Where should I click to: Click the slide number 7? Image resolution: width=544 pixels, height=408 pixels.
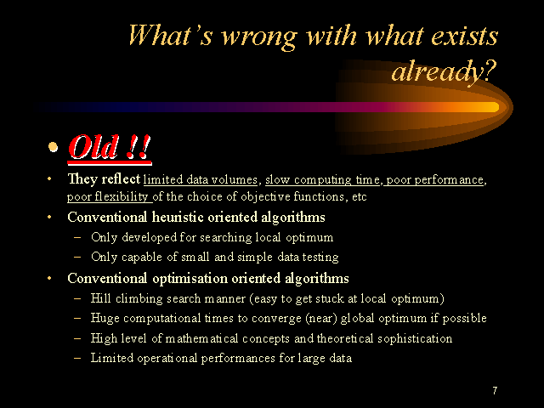(x=495, y=390)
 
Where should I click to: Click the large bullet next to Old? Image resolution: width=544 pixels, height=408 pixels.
(x=53, y=147)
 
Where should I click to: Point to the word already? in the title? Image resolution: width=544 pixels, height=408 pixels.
(x=444, y=71)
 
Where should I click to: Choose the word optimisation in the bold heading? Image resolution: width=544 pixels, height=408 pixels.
(x=190, y=279)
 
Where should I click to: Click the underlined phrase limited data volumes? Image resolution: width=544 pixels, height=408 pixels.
(x=201, y=179)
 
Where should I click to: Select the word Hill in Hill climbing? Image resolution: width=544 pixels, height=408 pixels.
(x=100, y=298)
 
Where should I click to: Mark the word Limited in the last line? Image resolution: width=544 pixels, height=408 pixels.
(x=112, y=358)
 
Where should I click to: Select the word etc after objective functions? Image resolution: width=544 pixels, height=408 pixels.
(x=359, y=197)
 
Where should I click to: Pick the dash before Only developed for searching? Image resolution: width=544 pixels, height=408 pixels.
(x=77, y=238)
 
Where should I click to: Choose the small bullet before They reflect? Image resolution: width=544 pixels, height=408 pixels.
(x=49, y=179)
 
